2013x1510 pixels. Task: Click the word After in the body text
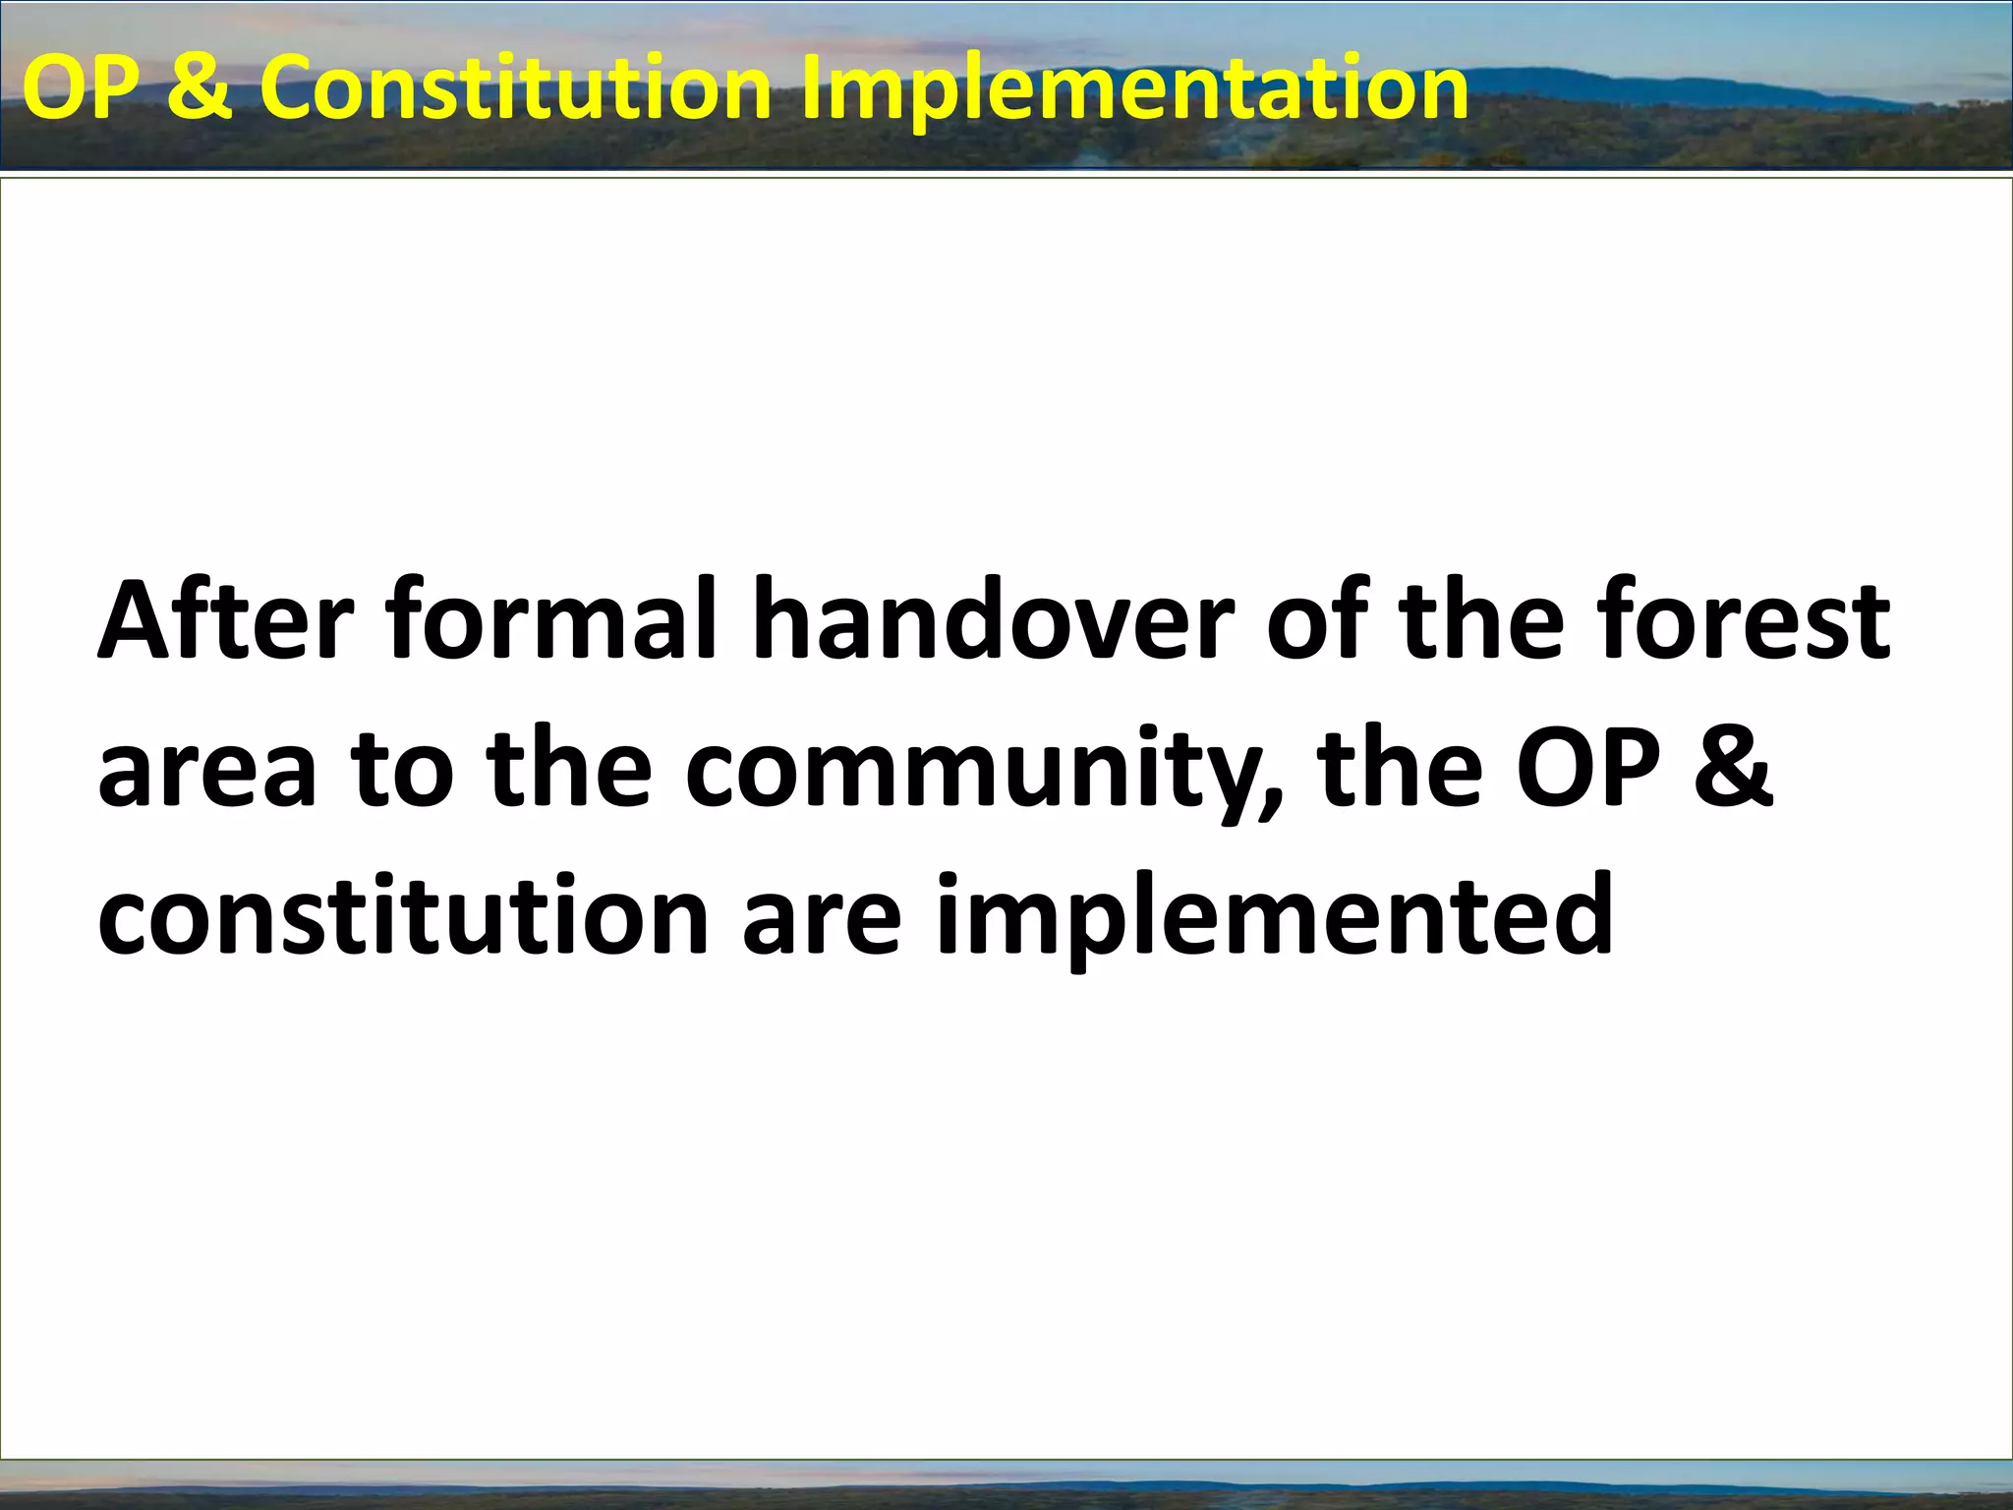[225, 621]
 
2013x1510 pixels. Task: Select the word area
[207, 772]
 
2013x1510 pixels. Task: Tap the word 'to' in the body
[403, 772]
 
